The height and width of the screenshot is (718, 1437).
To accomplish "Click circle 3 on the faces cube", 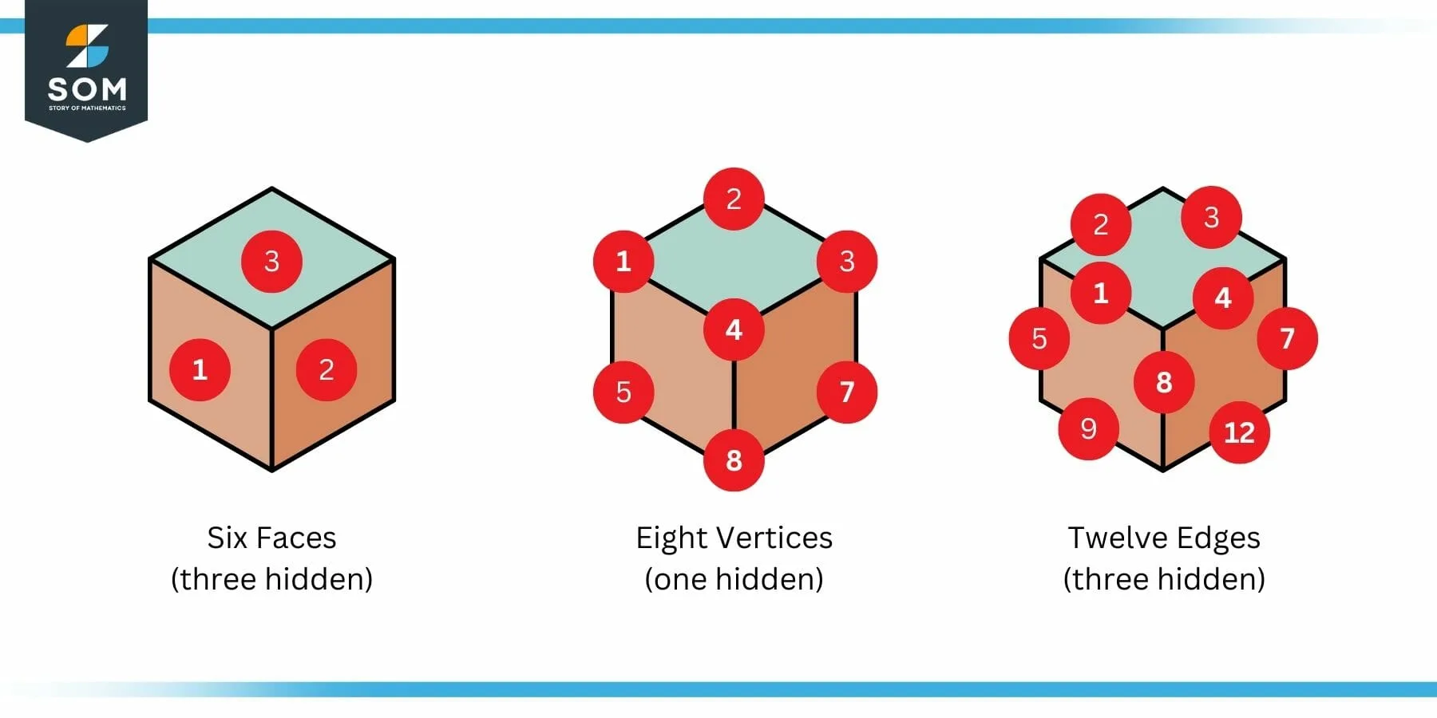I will click(271, 262).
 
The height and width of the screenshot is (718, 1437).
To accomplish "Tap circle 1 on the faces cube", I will click(200, 369).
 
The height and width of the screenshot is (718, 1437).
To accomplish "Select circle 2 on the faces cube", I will click(327, 369).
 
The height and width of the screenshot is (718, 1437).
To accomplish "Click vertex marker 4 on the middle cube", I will click(734, 329).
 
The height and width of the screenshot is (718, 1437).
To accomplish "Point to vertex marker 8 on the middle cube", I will click(734, 460).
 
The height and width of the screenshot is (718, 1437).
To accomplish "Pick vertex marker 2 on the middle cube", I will click(734, 199).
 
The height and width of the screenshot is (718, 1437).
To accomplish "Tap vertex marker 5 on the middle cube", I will click(623, 392).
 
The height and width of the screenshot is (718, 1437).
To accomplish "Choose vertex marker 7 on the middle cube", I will click(847, 392).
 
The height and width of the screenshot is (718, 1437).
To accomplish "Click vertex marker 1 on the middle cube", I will click(623, 261).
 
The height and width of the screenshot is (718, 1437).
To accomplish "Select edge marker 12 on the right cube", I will click(1239, 432).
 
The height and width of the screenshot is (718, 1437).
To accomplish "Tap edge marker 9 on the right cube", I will click(1088, 429).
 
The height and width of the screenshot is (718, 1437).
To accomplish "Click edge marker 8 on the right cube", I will click(1164, 382).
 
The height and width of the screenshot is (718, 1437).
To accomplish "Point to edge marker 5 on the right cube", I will click(1039, 338).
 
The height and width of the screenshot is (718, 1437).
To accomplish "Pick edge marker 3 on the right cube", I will click(1211, 217).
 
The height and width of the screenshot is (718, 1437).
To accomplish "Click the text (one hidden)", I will click(734, 579).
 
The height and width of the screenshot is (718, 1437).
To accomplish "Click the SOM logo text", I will click(86, 89).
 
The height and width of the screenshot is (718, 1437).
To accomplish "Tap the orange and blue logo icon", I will click(86, 45).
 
